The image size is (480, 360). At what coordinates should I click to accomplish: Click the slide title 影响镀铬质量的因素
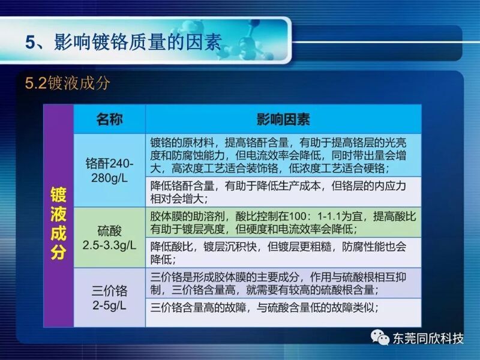point(138,42)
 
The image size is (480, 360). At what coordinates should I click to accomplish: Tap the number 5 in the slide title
point(31,42)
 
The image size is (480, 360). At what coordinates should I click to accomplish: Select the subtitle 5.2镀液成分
point(67,83)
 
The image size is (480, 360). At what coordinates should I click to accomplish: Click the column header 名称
point(109,119)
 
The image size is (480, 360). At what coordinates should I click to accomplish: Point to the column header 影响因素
point(283,119)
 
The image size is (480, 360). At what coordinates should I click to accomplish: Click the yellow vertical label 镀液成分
point(58,223)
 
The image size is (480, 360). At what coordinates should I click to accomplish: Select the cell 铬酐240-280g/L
point(109,170)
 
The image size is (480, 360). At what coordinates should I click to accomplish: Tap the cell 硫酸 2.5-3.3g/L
point(109,238)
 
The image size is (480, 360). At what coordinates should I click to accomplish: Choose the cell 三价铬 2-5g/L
point(109,298)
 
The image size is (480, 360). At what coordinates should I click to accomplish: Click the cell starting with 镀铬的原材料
point(283,155)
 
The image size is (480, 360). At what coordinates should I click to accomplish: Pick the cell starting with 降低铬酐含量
point(283,192)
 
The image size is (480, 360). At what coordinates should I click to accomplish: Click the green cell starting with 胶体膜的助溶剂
point(283,222)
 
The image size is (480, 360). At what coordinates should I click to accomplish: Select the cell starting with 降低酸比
point(283,253)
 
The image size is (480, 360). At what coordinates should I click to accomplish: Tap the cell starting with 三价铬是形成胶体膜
point(283,283)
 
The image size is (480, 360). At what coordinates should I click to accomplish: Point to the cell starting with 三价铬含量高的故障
point(283,313)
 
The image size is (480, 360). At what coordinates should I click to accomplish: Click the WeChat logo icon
point(380,337)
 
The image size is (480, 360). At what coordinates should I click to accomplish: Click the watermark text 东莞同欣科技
point(428,338)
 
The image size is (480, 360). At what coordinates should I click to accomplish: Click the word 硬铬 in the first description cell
point(374,168)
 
